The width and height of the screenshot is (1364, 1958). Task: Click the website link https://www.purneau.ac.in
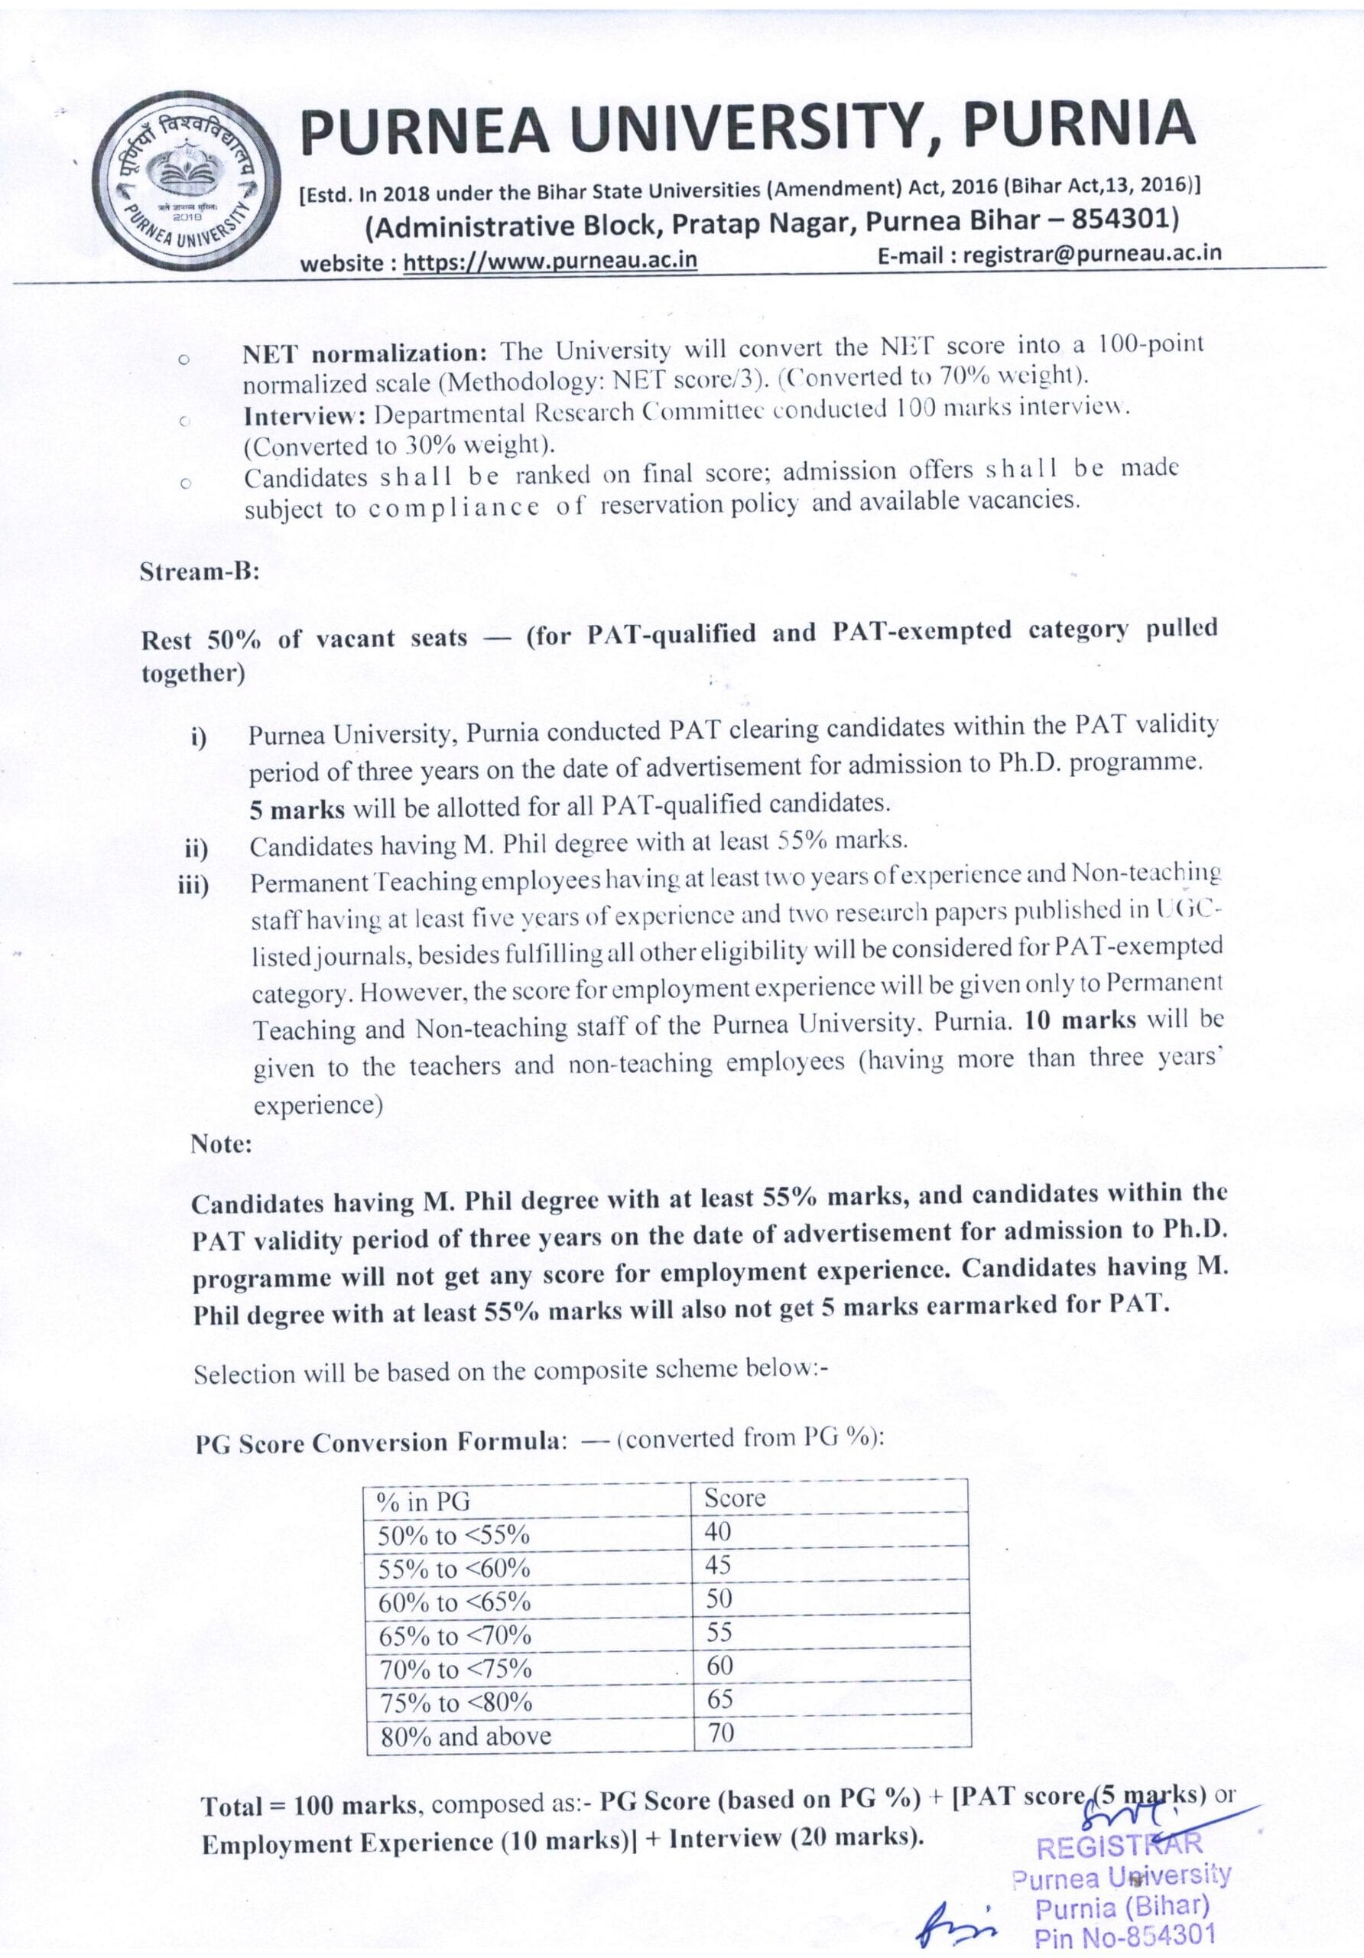click(550, 261)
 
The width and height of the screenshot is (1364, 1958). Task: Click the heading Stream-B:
click(200, 571)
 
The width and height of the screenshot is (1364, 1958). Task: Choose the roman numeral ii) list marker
click(196, 848)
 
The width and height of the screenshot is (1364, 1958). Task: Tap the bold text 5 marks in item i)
click(297, 808)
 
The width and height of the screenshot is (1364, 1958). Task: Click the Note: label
click(222, 1143)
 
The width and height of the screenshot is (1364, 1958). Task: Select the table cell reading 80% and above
click(466, 1736)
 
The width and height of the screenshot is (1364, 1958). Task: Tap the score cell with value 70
click(720, 1732)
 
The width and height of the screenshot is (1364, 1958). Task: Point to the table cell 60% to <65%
click(454, 1602)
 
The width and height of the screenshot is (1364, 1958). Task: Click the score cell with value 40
click(717, 1532)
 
